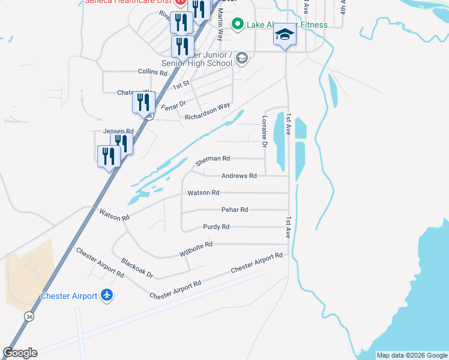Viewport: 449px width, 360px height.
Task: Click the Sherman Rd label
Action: pyautogui.click(x=212, y=160)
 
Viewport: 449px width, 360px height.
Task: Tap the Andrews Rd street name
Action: pyautogui.click(x=239, y=176)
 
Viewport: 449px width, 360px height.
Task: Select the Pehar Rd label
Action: pyautogui.click(x=235, y=210)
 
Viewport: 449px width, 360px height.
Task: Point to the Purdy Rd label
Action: pyautogui.click(x=216, y=227)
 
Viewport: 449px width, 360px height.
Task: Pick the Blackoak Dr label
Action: pyautogui.click(x=137, y=268)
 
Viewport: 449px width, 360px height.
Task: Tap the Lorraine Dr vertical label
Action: pyautogui.click(x=264, y=131)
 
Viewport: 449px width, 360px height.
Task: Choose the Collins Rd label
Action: pyautogui.click(x=152, y=71)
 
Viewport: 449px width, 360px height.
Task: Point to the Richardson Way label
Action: pyautogui.click(x=207, y=112)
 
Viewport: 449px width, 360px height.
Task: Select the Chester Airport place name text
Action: pyautogui.click(x=69, y=296)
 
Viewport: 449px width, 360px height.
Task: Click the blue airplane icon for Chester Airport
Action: pyautogui.click(x=107, y=295)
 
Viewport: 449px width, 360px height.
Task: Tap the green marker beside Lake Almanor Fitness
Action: pyautogui.click(x=237, y=25)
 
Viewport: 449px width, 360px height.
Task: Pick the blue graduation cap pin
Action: pyautogui.click(x=285, y=35)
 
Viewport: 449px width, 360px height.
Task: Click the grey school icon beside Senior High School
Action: pyautogui.click(x=242, y=58)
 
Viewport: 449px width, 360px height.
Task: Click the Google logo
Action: pyautogui.click(x=20, y=353)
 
